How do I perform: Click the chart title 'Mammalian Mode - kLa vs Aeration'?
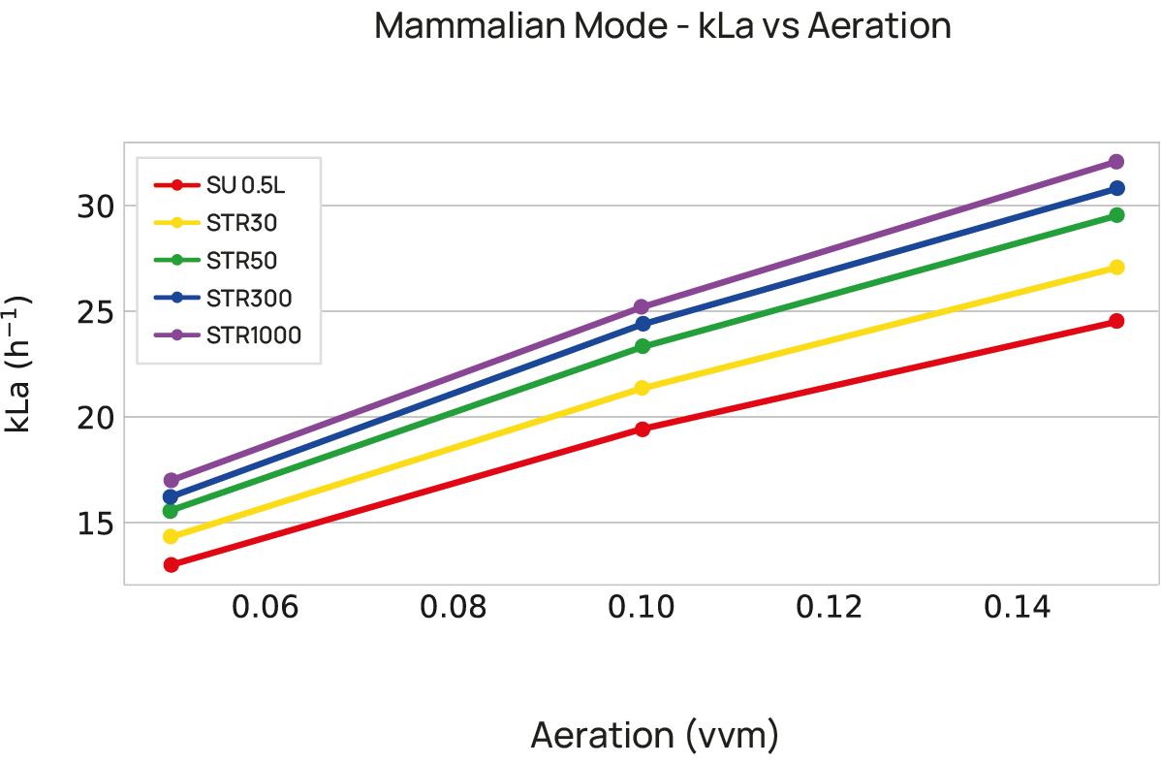click(662, 26)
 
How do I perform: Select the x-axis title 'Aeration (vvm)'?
click(654, 736)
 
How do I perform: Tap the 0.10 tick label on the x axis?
click(641, 609)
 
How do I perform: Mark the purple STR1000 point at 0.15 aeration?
click(1115, 162)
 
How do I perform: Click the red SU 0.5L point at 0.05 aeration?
click(172, 564)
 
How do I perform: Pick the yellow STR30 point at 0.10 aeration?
click(642, 388)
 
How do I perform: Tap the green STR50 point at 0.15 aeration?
click(1115, 215)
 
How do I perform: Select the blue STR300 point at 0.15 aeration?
click(1115, 188)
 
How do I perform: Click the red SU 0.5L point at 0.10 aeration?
click(642, 429)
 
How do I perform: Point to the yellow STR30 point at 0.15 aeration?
click(1115, 267)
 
